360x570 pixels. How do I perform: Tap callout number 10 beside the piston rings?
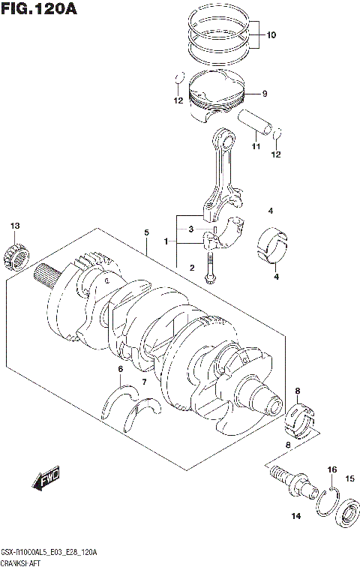pos(271,34)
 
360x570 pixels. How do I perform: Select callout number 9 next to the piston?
pos(264,94)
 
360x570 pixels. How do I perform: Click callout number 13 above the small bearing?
pos(15,226)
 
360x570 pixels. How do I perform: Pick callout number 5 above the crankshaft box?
pos(147,232)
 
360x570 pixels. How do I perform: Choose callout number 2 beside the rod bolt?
pos(192,268)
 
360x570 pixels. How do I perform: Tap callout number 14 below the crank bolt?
pos(295,515)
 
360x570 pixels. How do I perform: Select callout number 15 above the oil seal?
pos(349,478)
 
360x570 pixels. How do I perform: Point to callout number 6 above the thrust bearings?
pos(120,370)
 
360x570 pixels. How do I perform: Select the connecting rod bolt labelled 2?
pos(211,268)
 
